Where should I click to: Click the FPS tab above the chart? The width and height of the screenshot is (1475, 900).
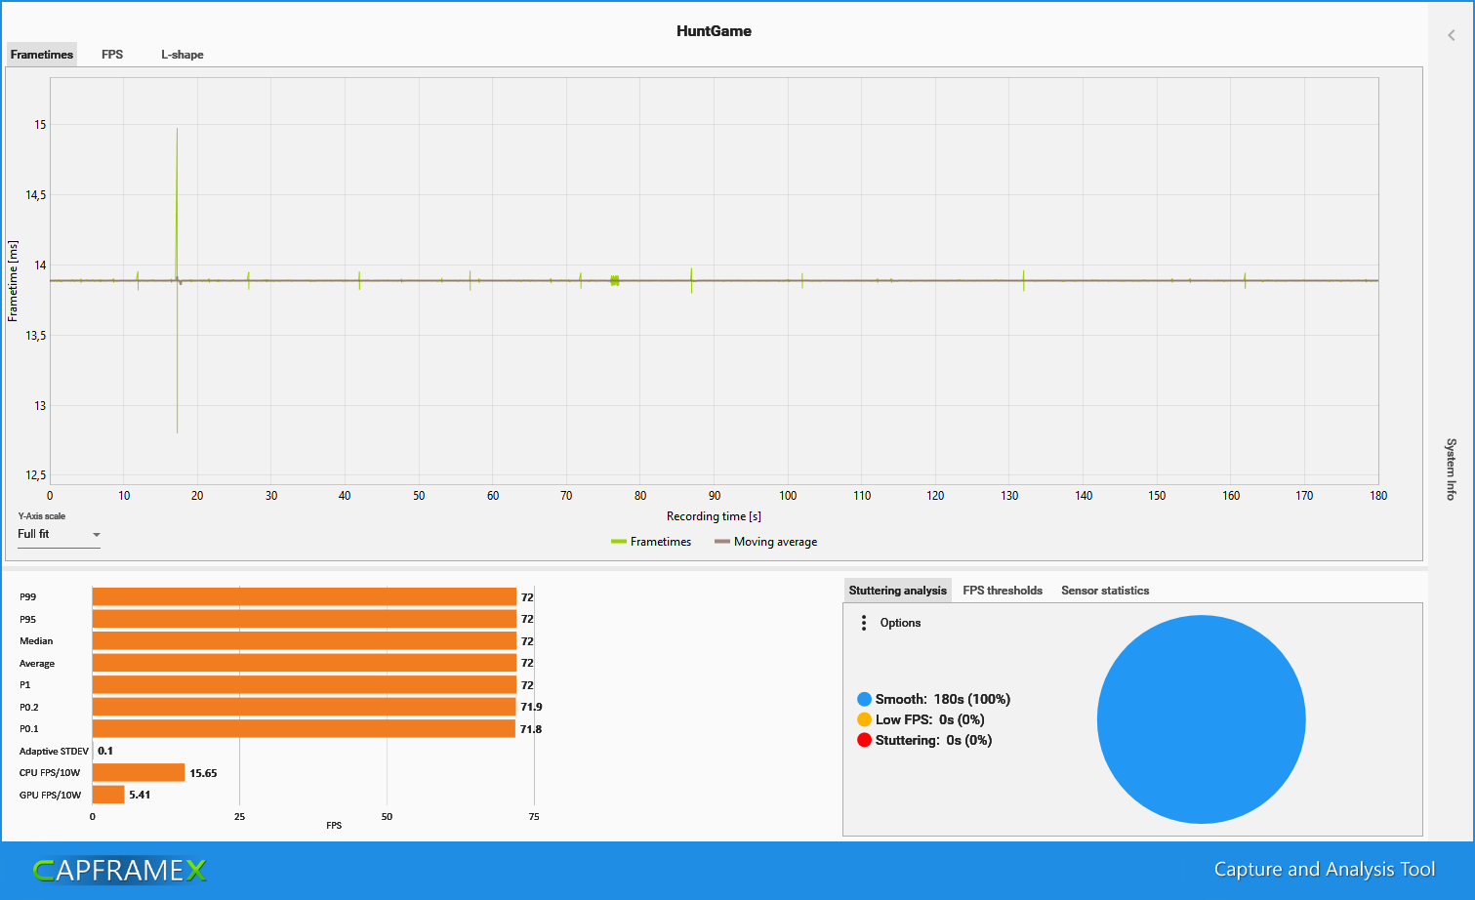[x=112, y=55]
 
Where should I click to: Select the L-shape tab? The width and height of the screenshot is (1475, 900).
[x=183, y=55]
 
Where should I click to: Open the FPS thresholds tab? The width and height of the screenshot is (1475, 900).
[x=1002, y=591]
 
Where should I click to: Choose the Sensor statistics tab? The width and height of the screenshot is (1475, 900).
[x=1104, y=591]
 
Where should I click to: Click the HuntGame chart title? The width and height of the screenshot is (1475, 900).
[x=714, y=31]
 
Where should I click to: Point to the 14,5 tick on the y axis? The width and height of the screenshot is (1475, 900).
[x=36, y=195]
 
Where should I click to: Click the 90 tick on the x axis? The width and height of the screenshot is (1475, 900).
[x=715, y=496]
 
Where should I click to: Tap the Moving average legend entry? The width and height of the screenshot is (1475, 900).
[x=775, y=542]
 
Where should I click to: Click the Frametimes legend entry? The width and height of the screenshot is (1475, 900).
[x=660, y=542]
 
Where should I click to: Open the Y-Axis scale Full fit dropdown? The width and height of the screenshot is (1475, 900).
[x=59, y=535]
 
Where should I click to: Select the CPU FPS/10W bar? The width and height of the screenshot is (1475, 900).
[x=139, y=773]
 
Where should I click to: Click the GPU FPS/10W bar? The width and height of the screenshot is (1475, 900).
[x=108, y=795]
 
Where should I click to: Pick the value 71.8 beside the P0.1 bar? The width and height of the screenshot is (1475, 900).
[x=531, y=729]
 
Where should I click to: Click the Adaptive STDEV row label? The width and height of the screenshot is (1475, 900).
[x=54, y=752]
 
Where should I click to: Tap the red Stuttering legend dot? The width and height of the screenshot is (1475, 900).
[x=864, y=740]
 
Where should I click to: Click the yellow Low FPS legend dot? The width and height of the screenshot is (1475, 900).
[x=864, y=719]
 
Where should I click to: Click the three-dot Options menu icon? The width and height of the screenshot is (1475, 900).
[x=864, y=623]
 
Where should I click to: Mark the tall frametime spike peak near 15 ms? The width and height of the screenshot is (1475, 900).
[x=177, y=129]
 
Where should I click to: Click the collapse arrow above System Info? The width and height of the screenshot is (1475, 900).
[x=1452, y=35]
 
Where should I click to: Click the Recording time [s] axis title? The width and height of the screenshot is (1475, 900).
[x=714, y=516]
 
